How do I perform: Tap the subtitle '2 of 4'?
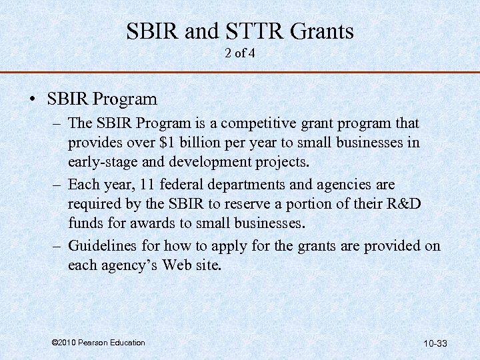point(240,53)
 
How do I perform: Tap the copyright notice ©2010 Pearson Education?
point(97,343)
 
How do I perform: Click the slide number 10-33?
point(435,344)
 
